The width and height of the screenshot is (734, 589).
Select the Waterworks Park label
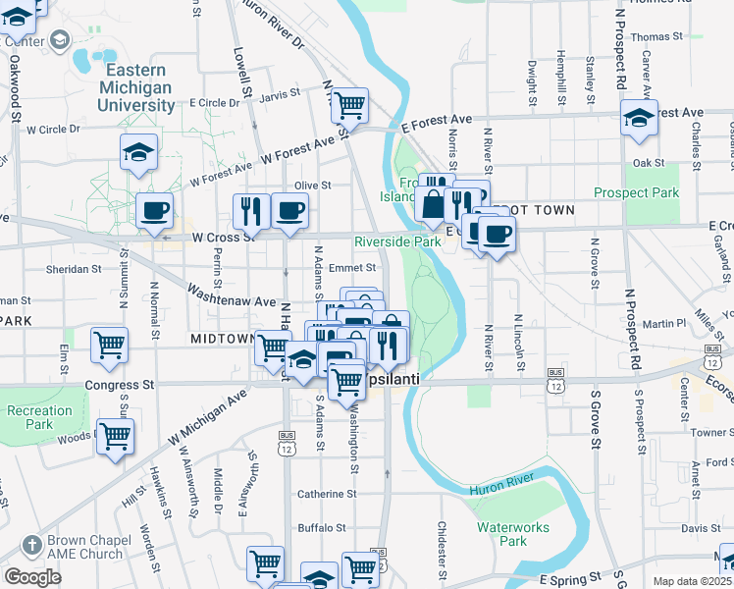click(x=514, y=533)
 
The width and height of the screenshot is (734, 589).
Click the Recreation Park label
click(x=38, y=417)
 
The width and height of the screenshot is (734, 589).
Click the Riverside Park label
click(x=397, y=241)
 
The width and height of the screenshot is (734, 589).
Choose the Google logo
click(x=32, y=577)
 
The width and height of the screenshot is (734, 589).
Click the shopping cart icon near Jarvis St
click(x=349, y=103)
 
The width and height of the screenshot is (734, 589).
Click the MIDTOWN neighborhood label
click(x=223, y=339)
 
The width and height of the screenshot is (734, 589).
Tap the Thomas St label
click(x=656, y=36)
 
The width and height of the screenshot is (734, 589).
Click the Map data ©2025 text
click(x=693, y=581)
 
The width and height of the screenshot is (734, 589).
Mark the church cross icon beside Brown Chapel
click(x=31, y=545)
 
